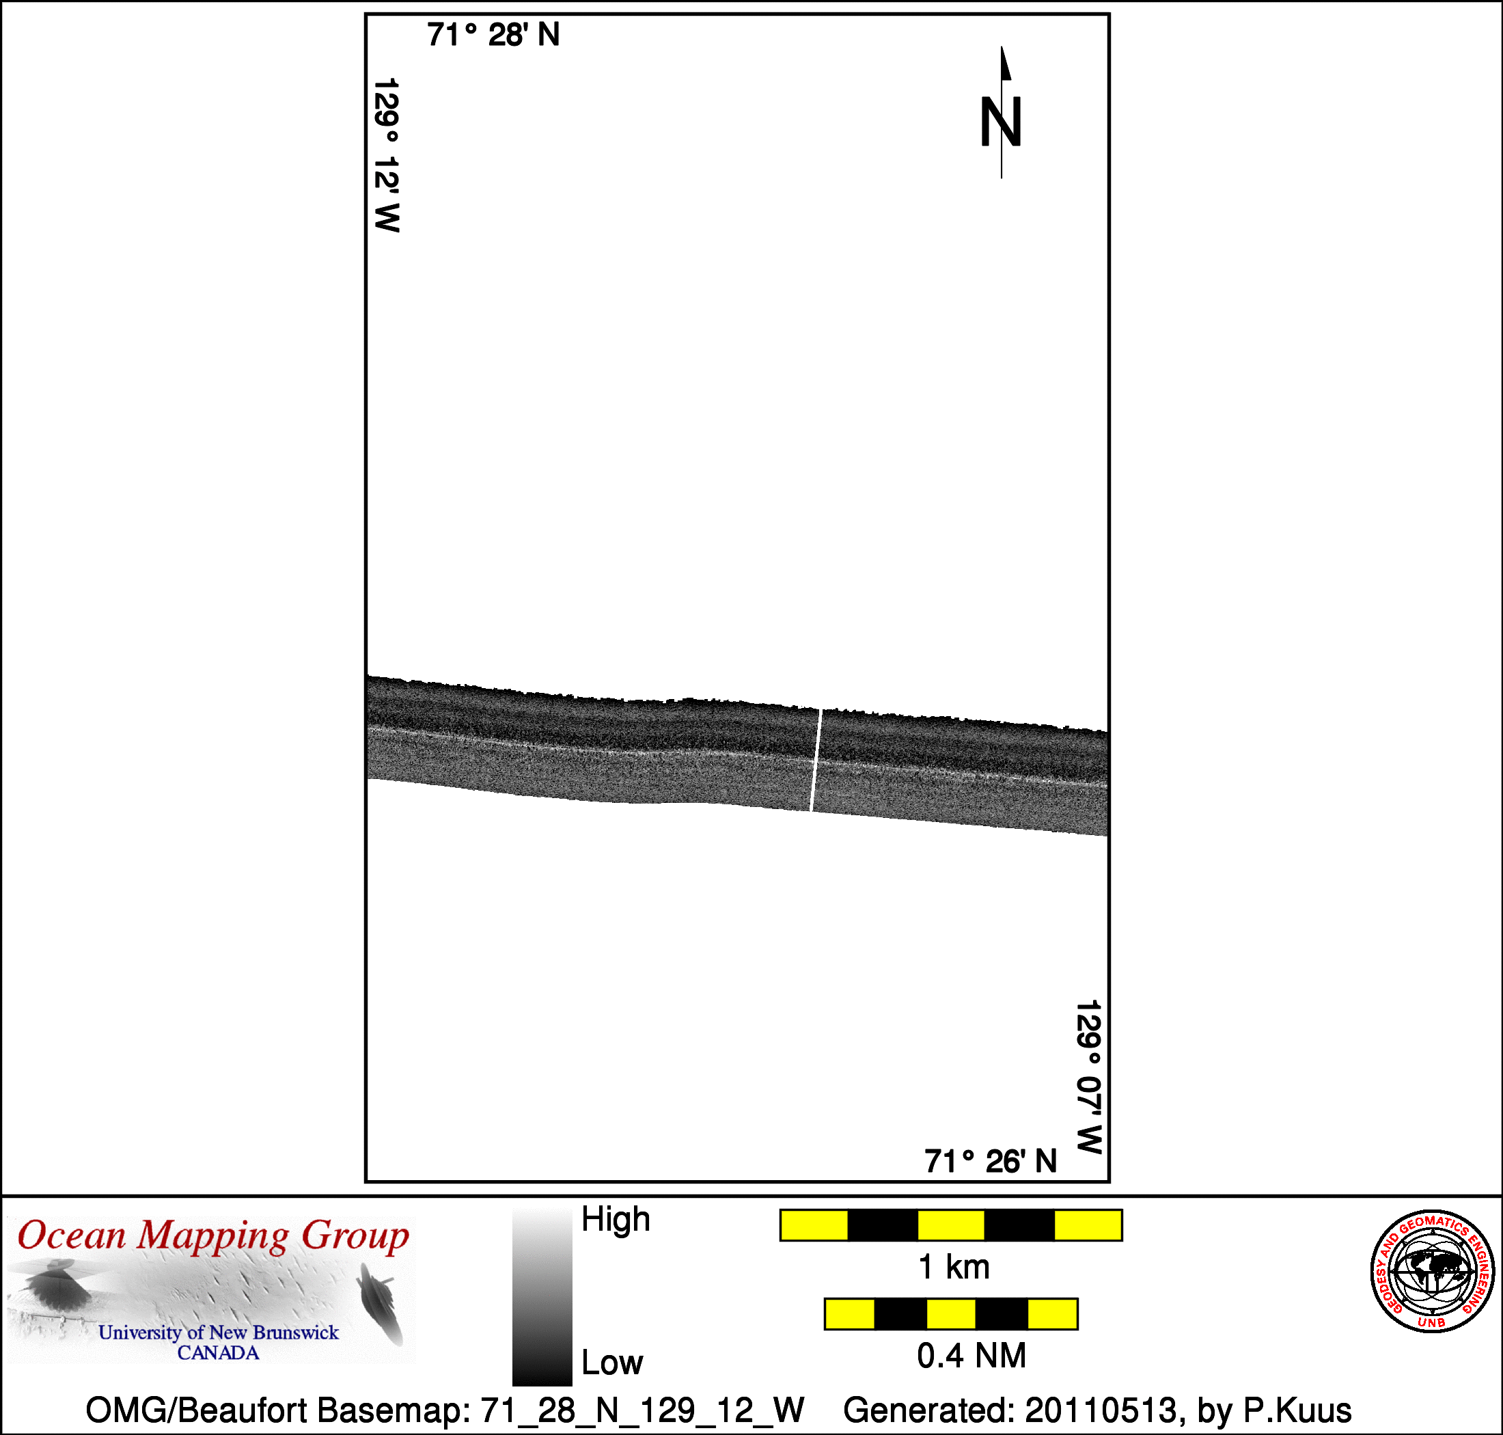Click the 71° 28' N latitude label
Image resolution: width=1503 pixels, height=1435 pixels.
(x=493, y=35)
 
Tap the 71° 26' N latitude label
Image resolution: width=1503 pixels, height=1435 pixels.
(x=991, y=1161)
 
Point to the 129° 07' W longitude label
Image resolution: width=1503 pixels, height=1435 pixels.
(x=1088, y=1076)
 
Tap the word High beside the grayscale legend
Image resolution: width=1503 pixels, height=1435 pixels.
(x=616, y=1218)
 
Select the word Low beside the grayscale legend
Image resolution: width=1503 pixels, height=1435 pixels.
(x=612, y=1363)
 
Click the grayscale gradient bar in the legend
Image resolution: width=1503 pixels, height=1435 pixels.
(x=542, y=1296)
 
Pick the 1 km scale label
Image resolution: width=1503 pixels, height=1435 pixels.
(x=954, y=1268)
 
